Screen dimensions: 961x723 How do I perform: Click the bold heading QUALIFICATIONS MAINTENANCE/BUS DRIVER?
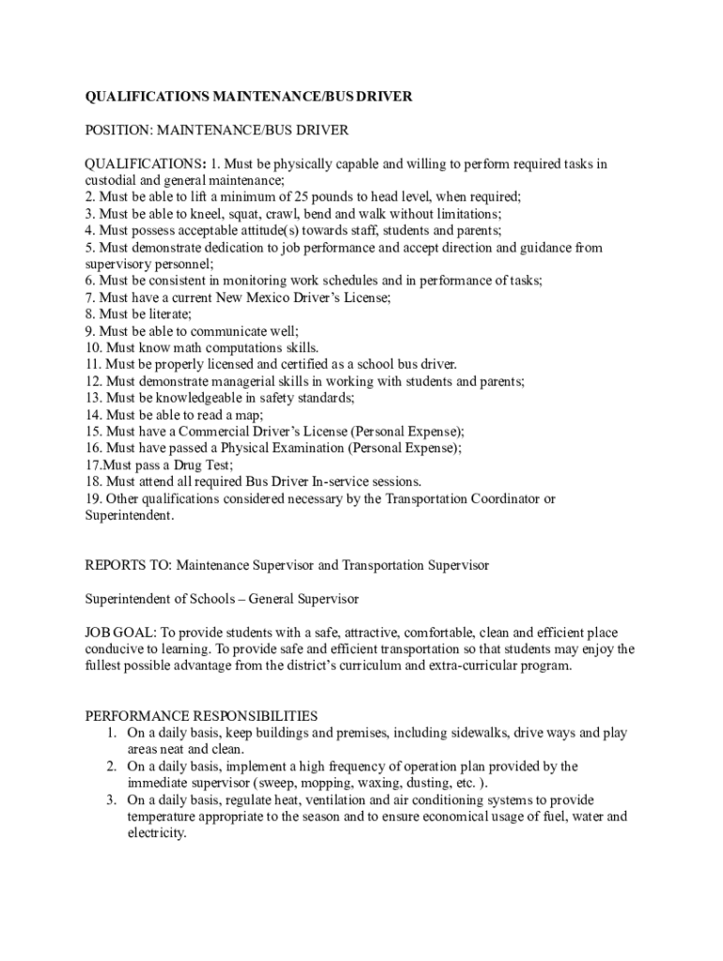click(249, 97)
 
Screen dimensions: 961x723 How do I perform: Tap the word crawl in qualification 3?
click(267, 214)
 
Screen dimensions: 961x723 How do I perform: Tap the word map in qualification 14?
click(249, 415)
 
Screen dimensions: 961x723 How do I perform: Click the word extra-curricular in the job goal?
click(457, 666)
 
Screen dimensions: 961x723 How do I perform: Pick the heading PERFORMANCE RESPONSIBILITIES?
click(202, 716)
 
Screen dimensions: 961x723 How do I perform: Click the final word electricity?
click(157, 833)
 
